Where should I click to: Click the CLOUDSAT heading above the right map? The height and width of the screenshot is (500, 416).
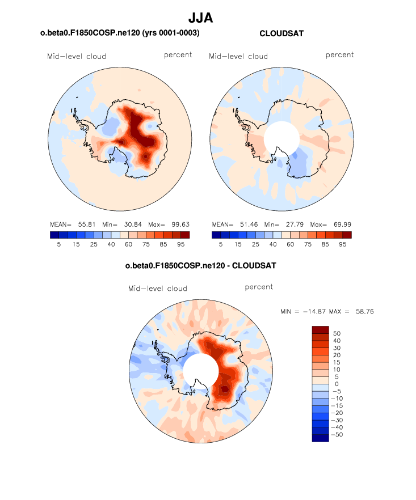(x=281, y=33)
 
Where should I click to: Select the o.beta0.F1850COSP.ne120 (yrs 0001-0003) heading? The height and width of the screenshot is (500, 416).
(x=120, y=33)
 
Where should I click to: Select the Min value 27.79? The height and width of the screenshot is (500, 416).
(x=294, y=224)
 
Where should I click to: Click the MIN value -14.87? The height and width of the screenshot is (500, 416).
(x=312, y=312)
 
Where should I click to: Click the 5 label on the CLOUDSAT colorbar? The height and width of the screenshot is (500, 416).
(x=221, y=244)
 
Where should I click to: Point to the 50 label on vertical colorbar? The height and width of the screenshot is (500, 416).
(x=337, y=333)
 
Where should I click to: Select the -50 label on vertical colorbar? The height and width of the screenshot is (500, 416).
(x=337, y=435)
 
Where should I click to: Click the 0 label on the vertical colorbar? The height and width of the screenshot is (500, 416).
(x=337, y=384)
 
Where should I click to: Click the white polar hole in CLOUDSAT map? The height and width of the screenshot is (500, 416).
(x=281, y=137)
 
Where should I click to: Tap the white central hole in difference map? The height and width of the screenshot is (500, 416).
(x=201, y=372)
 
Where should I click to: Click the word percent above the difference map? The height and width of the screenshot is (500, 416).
(x=259, y=287)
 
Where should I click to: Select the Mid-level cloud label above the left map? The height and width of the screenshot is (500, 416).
(x=77, y=56)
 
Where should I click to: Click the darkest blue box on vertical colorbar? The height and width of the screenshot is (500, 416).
(x=320, y=438)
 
